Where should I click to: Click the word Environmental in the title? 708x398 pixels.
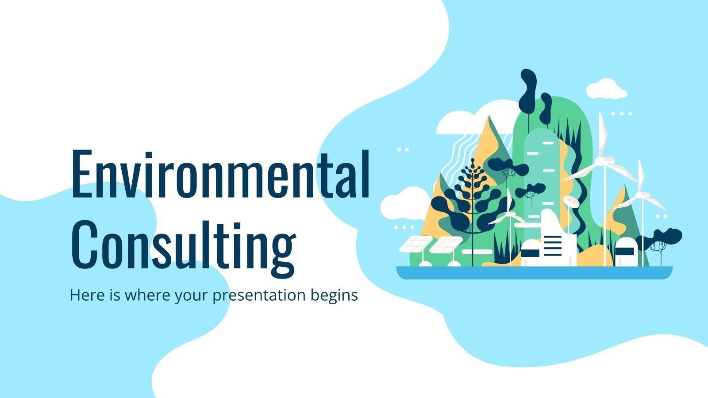[x=220, y=174]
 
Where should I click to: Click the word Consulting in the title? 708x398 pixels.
[x=183, y=243]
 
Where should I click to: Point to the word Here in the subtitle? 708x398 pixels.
[x=85, y=295]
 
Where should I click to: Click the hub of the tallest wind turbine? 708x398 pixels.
[x=601, y=161]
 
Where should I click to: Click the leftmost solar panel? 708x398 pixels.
[x=416, y=244]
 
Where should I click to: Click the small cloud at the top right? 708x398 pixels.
[x=606, y=88]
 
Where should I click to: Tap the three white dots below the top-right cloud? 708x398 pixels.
[x=621, y=114]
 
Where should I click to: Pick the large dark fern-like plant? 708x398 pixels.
[x=472, y=199]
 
